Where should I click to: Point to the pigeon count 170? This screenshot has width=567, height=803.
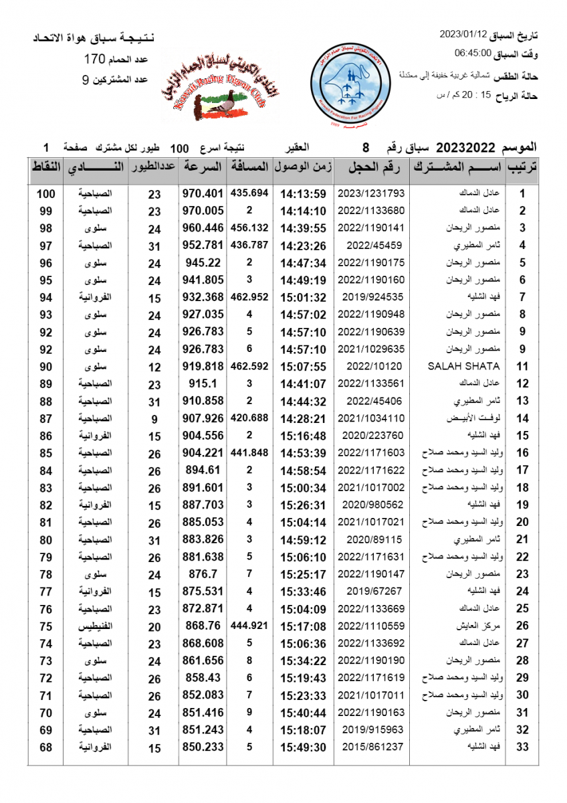pos(96,60)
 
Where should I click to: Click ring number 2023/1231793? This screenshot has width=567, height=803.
pos(372,193)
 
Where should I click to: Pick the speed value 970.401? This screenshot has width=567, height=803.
pos(203,193)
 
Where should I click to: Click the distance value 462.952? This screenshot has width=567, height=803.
pos(249,296)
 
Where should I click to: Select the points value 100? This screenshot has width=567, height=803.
pos(45,194)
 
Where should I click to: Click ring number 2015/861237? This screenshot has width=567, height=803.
pos(372,747)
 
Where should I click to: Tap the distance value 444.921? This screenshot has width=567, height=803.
pos(249,626)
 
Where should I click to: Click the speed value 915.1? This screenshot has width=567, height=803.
pos(203,383)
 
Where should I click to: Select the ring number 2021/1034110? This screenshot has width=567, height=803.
pos(372,418)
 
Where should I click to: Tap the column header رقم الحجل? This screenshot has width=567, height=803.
pos(372,167)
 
